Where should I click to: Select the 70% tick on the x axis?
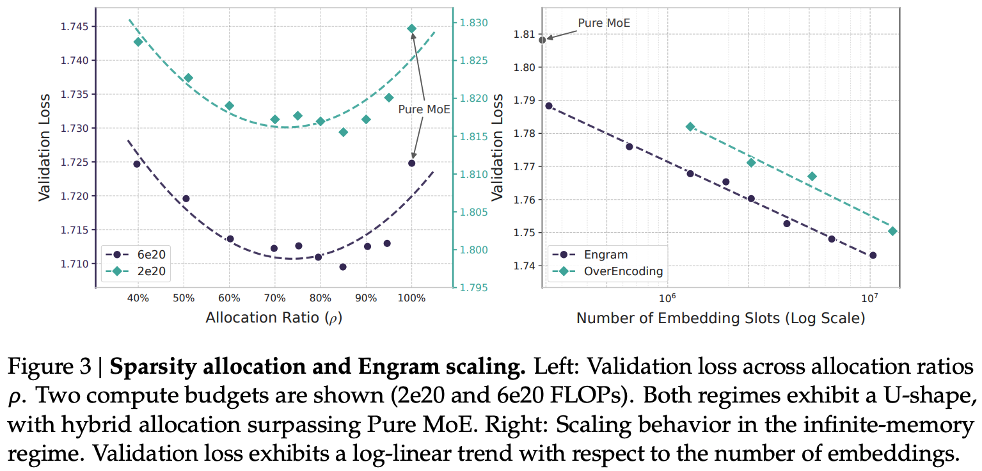[274, 298]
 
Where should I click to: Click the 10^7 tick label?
[868, 297]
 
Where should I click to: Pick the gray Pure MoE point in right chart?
[542, 40]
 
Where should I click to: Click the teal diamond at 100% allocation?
[412, 29]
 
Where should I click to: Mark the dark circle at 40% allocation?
[137, 164]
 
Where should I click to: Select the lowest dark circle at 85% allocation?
[343, 267]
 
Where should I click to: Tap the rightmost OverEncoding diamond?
[892, 231]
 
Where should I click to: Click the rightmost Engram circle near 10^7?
[873, 255]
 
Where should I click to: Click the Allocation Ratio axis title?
[274, 317]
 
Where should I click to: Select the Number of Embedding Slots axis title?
[720, 317]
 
